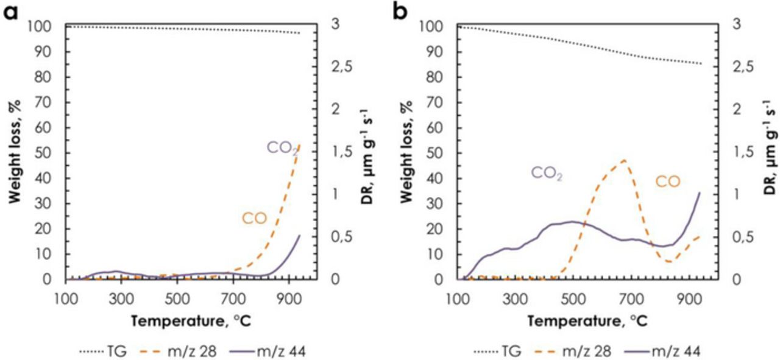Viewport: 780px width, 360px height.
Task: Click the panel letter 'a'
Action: click(12, 11)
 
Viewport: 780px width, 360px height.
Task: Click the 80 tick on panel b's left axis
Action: click(441, 77)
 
